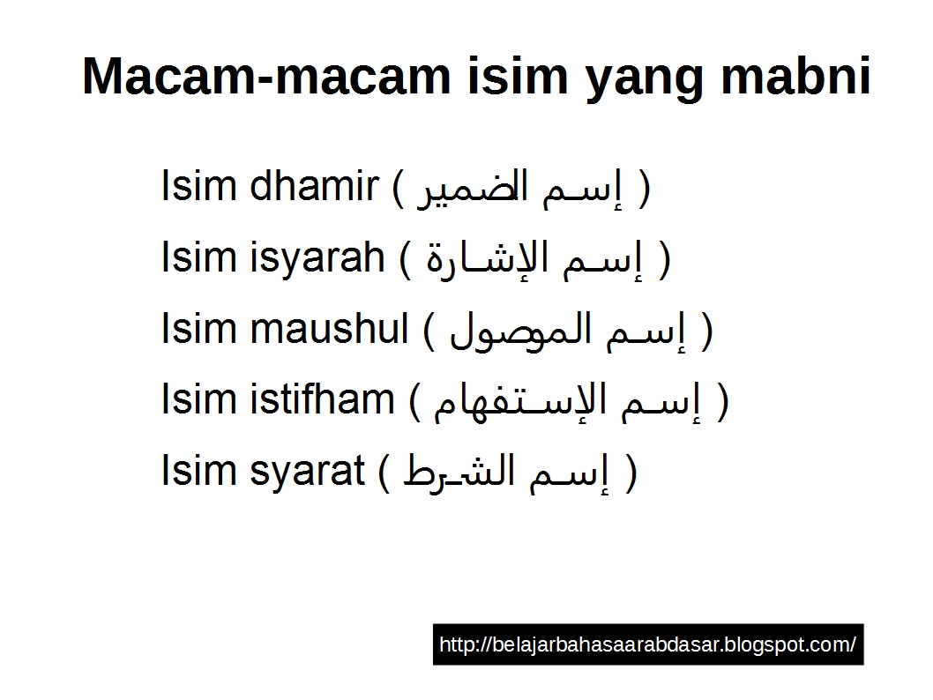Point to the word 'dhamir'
pos(315,187)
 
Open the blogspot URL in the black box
pos(647,644)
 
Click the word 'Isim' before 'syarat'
pos(191,470)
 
